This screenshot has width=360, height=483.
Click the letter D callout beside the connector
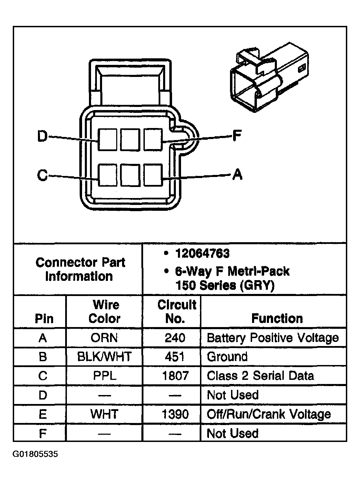(42, 137)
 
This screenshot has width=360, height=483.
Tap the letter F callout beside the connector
(237, 136)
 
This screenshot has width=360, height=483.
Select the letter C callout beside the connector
(42, 176)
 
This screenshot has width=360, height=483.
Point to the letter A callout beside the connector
(237, 175)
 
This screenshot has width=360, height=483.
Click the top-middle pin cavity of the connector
(130, 140)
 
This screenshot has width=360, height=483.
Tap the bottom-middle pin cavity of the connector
(130, 175)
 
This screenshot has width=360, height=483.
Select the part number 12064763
(202, 254)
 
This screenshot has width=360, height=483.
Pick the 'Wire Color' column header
(104, 312)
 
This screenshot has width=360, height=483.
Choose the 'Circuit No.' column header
(176, 312)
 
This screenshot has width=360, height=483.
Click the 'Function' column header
(277, 318)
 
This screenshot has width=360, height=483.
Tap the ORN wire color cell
(104, 338)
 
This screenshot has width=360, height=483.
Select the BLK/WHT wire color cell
(104, 357)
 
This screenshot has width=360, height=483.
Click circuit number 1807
(175, 376)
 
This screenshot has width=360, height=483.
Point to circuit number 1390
(175, 414)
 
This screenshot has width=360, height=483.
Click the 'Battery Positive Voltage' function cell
(272, 338)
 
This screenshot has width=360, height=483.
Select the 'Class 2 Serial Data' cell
(260, 376)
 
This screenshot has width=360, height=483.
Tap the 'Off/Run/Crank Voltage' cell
(269, 414)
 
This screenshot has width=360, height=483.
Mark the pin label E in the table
(42, 414)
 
